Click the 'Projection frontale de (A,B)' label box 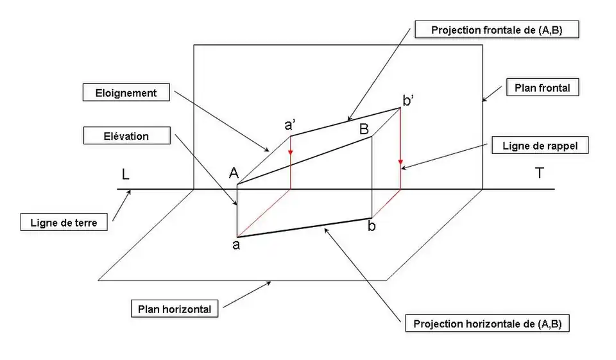497,30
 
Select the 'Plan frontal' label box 542,87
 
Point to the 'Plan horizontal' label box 175,309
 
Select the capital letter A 234,173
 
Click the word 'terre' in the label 80,223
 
